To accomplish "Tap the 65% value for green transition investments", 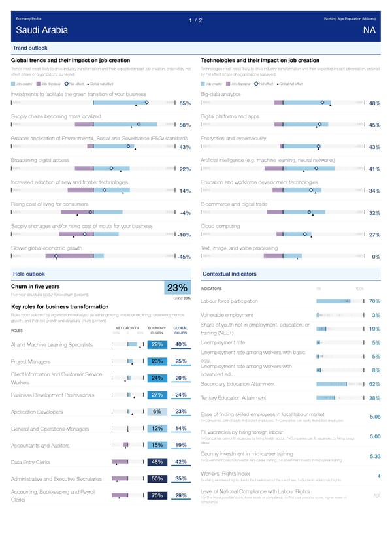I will tap(184, 103).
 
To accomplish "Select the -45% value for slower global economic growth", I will tap(182, 256).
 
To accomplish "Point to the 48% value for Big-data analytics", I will tap(374, 103).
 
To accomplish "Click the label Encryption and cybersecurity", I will tap(233, 138).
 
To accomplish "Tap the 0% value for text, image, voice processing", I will tap(376, 256).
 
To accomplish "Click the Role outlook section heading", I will tap(29, 273).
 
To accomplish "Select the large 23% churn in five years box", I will tap(178, 288).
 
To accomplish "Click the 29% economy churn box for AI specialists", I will tap(157, 344).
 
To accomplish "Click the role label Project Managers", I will tap(31, 361).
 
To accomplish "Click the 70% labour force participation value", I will tap(375, 301).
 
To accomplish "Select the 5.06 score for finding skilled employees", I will tap(375, 417).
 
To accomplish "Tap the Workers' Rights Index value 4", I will tap(379, 475).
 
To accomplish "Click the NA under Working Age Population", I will tap(369, 30).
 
